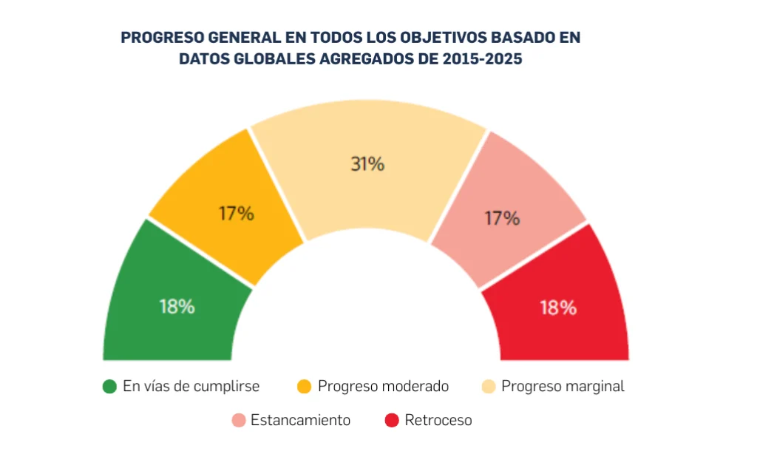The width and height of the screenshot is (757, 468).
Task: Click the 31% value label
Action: [x=367, y=164]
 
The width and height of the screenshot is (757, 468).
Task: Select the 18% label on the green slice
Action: [x=177, y=307]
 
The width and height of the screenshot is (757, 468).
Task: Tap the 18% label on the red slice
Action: [x=558, y=308]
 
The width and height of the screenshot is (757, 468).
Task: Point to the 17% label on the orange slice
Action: [x=236, y=214]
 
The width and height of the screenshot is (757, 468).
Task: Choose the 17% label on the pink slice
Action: [x=503, y=218]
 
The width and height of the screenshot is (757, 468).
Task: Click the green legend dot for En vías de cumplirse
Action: [x=110, y=387]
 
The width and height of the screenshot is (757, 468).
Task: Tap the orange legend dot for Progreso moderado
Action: [x=304, y=387]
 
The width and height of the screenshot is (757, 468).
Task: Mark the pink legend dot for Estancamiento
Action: [x=238, y=421]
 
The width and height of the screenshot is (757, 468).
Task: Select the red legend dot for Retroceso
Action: [x=393, y=421]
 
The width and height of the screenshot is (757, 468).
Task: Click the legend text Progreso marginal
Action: [x=563, y=387]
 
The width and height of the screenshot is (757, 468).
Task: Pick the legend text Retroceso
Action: [x=438, y=421]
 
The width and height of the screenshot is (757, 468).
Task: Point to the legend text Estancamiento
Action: [x=300, y=421]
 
